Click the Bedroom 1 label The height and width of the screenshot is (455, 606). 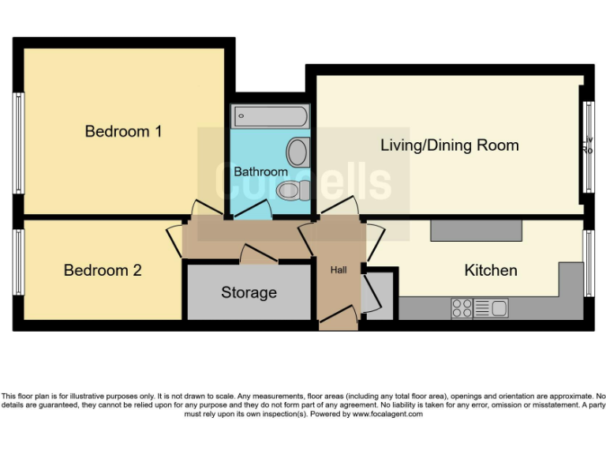pyautogui.click(x=123, y=131)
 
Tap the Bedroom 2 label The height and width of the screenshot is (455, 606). pyautogui.click(x=103, y=270)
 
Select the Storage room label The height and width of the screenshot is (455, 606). pyautogui.click(x=249, y=292)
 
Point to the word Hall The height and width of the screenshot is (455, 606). pyautogui.click(x=339, y=270)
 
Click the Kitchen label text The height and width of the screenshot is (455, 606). pyautogui.click(x=491, y=270)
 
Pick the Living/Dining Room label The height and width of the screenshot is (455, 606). pyautogui.click(x=450, y=145)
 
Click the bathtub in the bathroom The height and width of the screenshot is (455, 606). pyautogui.click(x=269, y=117)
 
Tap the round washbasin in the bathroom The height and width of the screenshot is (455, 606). pyautogui.click(x=297, y=151)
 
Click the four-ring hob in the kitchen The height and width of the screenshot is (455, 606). pyautogui.click(x=462, y=308)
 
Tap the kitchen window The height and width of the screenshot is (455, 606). pyautogui.click(x=588, y=264)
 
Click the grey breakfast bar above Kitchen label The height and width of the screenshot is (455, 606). pyautogui.click(x=476, y=231)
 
